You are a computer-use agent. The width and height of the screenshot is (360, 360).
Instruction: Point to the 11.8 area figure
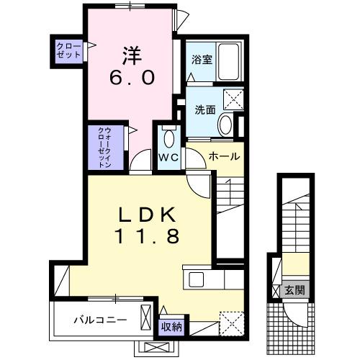pos(148,236)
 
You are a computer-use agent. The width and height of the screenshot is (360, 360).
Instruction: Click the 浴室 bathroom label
pos(200,60)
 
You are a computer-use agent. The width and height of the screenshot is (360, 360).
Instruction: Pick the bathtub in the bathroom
pos(230,62)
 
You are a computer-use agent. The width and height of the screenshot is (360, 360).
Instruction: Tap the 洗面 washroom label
pos(205,110)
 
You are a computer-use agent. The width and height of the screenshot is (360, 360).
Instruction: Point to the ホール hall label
pos(223,156)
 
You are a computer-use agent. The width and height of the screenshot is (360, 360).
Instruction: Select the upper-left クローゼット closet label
pos(69,51)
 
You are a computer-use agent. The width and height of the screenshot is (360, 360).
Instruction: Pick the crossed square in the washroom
pos(233,99)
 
